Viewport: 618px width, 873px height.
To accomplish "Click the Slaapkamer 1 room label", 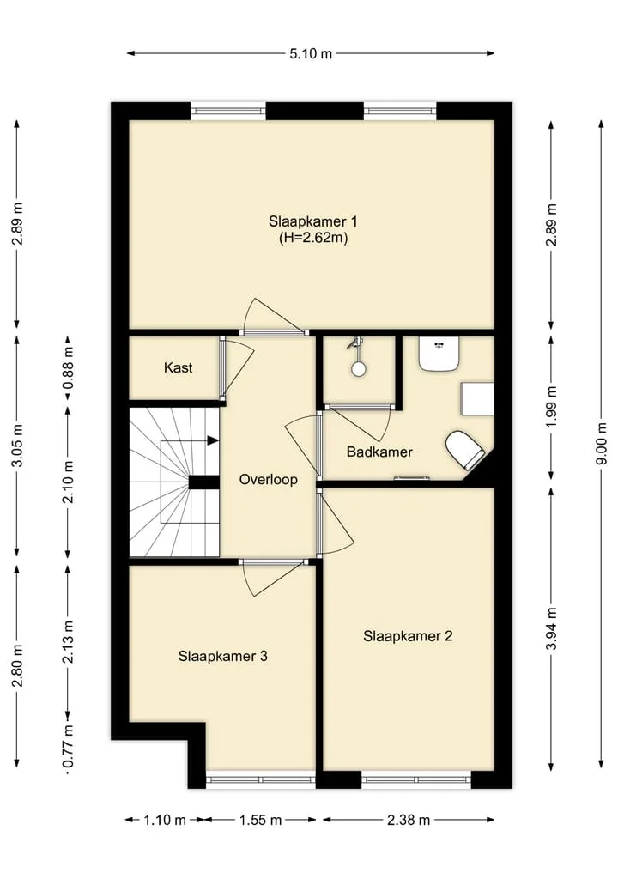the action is coord(313,221).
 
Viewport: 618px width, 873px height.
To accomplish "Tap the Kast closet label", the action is coord(179,367).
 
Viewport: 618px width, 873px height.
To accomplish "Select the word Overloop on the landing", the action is coord(269,479).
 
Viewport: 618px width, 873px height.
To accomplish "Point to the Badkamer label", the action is coord(379,452).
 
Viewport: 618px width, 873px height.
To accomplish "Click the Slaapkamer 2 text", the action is coord(408,636).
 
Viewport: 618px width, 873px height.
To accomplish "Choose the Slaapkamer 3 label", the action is coord(222,656).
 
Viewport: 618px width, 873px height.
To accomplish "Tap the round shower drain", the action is coord(358,368).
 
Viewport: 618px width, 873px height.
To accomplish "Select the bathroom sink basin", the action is coord(439,354).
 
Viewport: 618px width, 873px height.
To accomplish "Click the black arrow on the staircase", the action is coord(213,440).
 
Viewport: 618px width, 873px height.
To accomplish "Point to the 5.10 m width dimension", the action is coord(311,53).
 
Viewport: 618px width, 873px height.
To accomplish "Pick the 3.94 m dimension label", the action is coord(551,628).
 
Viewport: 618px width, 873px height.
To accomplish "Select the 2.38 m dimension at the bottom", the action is coord(409,820).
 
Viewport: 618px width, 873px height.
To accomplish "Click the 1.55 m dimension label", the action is coord(261,820).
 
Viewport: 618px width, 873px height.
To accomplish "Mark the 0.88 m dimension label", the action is coord(68,368).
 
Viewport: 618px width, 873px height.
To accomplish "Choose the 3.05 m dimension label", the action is coord(17,446).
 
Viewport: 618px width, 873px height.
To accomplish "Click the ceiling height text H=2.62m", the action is coord(313,239).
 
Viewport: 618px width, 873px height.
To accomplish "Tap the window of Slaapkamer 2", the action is coord(416,779).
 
